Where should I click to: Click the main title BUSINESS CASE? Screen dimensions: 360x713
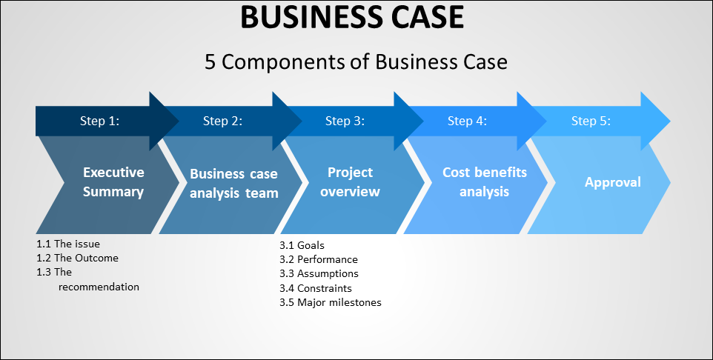(352, 17)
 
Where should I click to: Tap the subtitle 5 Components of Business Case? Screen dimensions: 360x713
(356, 61)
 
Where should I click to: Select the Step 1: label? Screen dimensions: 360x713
(99, 121)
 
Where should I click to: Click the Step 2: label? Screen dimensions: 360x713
(222, 121)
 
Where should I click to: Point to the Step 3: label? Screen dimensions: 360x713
(345, 121)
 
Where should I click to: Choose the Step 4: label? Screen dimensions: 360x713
(467, 121)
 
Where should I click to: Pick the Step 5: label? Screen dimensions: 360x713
(591, 121)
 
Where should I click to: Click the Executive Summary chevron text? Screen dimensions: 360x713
(113, 182)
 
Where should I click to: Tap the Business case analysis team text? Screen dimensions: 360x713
(233, 184)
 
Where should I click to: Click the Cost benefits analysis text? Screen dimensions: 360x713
(485, 182)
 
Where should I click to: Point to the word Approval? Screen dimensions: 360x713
(612, 182)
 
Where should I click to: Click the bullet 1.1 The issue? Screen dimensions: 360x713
(68, 244)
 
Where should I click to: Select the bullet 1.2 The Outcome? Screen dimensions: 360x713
(77, 258)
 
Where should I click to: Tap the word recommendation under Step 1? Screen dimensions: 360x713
(99, 287)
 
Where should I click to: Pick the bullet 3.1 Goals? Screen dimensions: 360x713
(302, 245)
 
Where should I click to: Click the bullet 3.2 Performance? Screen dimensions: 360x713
(319, 259)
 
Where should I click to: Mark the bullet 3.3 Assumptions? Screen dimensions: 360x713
(319, 273)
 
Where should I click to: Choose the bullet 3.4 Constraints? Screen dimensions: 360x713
(316, 288)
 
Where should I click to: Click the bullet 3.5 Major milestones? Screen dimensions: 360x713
(331, 302)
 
